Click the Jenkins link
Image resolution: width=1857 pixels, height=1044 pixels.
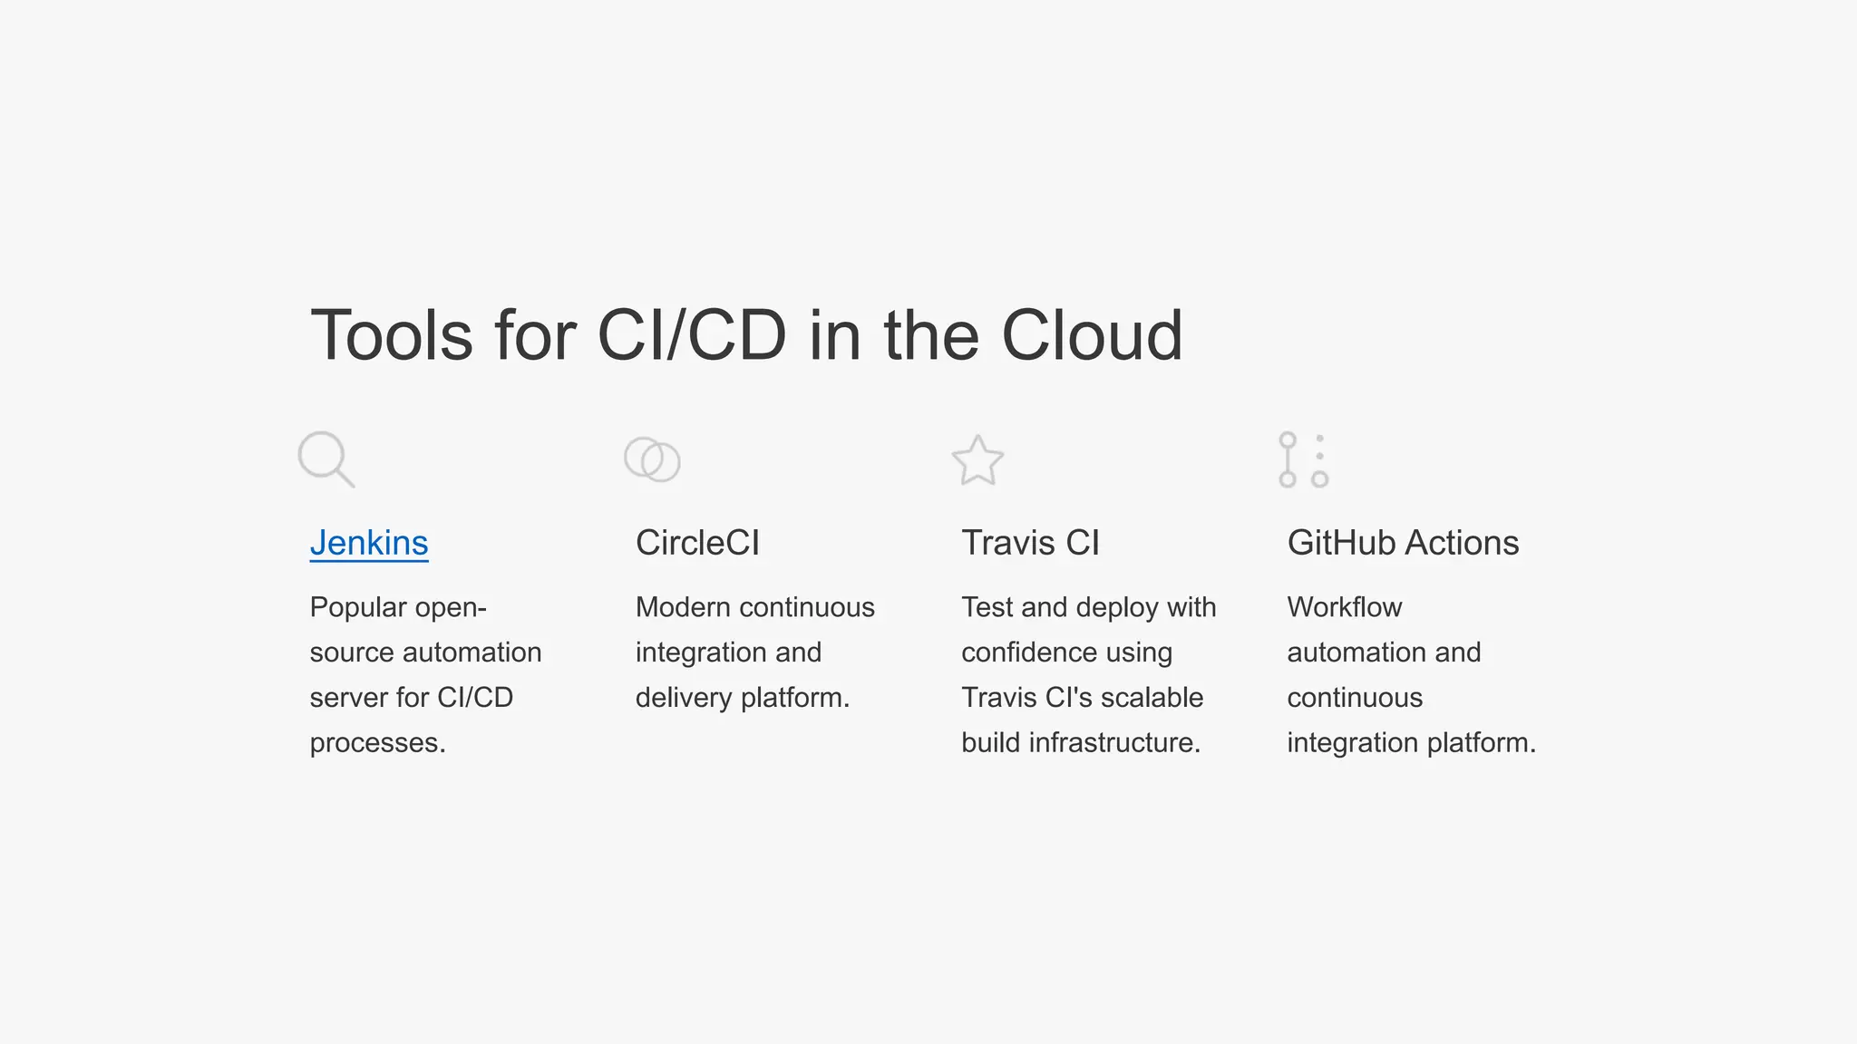(x=369, y=543)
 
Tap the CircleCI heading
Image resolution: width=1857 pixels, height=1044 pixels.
(x=697, y=543)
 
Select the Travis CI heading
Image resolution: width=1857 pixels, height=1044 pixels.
(x=1030, y=543)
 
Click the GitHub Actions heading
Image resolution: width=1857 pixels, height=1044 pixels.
(x=1403, y=543)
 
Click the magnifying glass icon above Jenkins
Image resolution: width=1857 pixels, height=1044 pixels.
(x=326, y=459)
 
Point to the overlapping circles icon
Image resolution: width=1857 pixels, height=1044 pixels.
(x=652, y=459)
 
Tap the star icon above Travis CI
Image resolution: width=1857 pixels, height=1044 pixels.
(x=977, y=459)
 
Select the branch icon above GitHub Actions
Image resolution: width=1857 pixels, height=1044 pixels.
(x=1303, y=459)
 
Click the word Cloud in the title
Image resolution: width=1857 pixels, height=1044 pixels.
(x=1092, y=335)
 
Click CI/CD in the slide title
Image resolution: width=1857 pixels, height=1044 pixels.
(x=692, y=335)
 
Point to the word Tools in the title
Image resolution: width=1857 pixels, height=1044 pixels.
(x=392, y=335)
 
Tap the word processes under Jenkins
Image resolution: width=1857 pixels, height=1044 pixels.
(x=377, y=743)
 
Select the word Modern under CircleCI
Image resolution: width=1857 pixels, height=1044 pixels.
(x=683, y=607)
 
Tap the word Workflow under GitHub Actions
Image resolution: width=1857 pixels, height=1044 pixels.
(x=1344, y=607)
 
